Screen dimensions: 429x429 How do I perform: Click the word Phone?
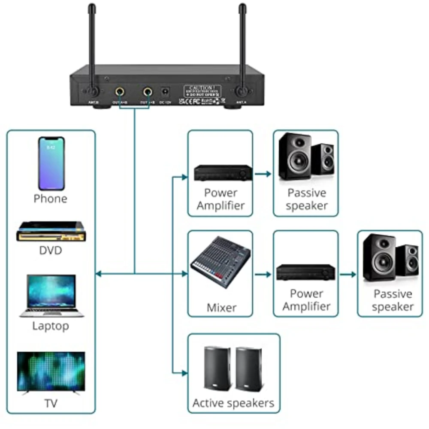(51, 199)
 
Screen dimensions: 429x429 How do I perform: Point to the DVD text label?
(51, 250)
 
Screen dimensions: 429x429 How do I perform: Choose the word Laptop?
(51, 326)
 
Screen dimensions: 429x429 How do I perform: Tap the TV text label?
(51, 403)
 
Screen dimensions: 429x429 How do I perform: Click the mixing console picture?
(221, 267)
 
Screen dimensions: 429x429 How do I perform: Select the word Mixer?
(221, 308)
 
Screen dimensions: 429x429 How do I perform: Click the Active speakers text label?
(233, 403)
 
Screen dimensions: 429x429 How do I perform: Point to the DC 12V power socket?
(165, 91)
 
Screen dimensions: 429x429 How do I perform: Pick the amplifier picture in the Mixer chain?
(305, 272)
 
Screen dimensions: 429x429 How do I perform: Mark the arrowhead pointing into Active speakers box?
(185, 373)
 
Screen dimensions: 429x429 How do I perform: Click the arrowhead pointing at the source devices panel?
(98, 273)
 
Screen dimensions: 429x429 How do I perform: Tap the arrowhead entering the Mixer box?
(185, 273)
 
